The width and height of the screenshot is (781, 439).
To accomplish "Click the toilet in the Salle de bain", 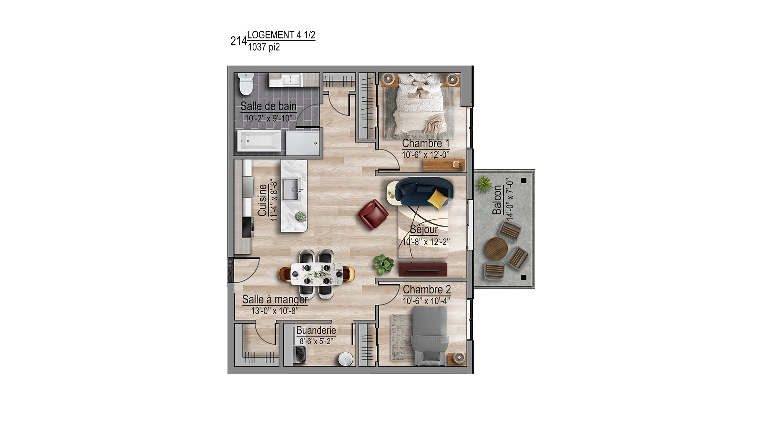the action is [246, 84].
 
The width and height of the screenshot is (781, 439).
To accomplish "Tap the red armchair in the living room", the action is [373, 214].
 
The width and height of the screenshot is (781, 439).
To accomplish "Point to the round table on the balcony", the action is [496, 249].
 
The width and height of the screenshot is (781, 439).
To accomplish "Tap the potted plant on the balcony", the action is [484, 184].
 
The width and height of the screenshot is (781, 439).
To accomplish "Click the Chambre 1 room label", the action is [425, 143].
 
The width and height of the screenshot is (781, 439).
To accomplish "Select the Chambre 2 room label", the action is [427, 289].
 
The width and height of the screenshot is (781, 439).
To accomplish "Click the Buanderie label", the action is [316, 330].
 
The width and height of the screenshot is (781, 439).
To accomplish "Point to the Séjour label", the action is [424, 229].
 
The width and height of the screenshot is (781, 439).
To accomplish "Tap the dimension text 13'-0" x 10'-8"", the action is [275, 311].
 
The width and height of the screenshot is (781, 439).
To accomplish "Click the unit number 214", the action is [238, 41].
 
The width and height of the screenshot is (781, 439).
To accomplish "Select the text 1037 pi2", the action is [264, 47].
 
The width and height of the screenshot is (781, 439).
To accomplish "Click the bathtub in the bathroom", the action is [259, 140].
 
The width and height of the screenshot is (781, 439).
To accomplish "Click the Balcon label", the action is [497, 200].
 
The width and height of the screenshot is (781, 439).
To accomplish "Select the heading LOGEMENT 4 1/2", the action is [281, 35].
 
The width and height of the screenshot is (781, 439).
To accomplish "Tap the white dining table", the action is [317, 274].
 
